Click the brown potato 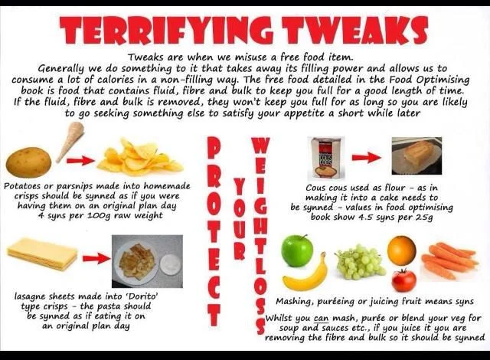(x=29, y=162)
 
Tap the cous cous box (x=326, y=157)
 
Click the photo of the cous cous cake (x=416, y=156)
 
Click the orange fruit (x=401, y=250)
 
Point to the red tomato (x=403, y=280)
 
